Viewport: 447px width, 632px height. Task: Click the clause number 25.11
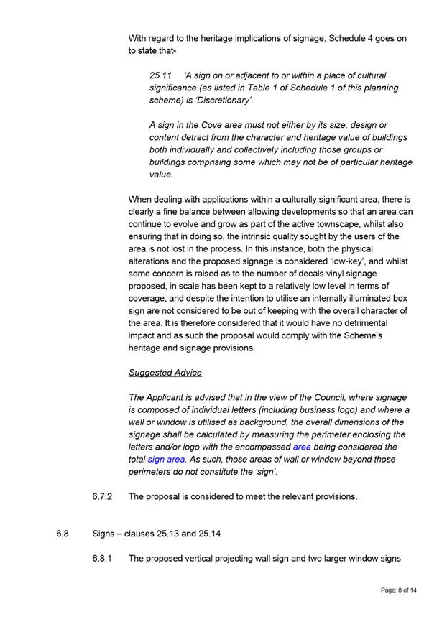(161, 75)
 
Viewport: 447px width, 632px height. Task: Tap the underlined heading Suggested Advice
(165, 373)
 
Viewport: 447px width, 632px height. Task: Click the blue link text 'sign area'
(167, 460)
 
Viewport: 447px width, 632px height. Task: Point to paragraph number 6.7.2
(102, 496)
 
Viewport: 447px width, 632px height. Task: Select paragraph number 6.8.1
(102, 559)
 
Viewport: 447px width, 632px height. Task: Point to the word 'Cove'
(203, 125)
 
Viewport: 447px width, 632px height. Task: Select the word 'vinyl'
(307, 274)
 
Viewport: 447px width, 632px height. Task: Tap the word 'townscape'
(351, 224)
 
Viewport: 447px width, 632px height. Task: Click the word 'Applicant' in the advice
(170, 398)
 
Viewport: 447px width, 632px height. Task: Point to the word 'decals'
(277, 274)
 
